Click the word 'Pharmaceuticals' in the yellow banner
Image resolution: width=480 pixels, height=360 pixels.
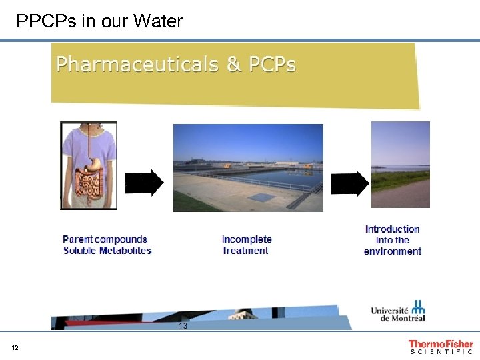(137, 65)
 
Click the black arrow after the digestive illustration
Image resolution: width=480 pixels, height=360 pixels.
(145, 183)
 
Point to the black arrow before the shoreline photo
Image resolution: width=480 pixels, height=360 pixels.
(349, 183)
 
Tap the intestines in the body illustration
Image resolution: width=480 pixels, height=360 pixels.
(91, 181)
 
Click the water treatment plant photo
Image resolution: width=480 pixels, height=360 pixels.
(248, 167)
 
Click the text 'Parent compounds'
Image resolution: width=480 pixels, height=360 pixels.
(105, 239)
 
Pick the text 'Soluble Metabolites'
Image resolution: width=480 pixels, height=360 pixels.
(107, 251)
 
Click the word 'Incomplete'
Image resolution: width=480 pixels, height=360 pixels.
(247, 239)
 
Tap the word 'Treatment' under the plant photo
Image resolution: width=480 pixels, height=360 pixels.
(245, 251)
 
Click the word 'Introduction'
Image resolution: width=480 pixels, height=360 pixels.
(392, 229)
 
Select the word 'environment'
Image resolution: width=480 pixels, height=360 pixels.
(392, 251)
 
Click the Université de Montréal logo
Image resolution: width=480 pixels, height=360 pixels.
(398, 311)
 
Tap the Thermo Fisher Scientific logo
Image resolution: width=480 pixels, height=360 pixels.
(441, 347)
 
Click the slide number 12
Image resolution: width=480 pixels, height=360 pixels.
(15, 348)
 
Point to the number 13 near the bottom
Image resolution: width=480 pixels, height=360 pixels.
(183, 326)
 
